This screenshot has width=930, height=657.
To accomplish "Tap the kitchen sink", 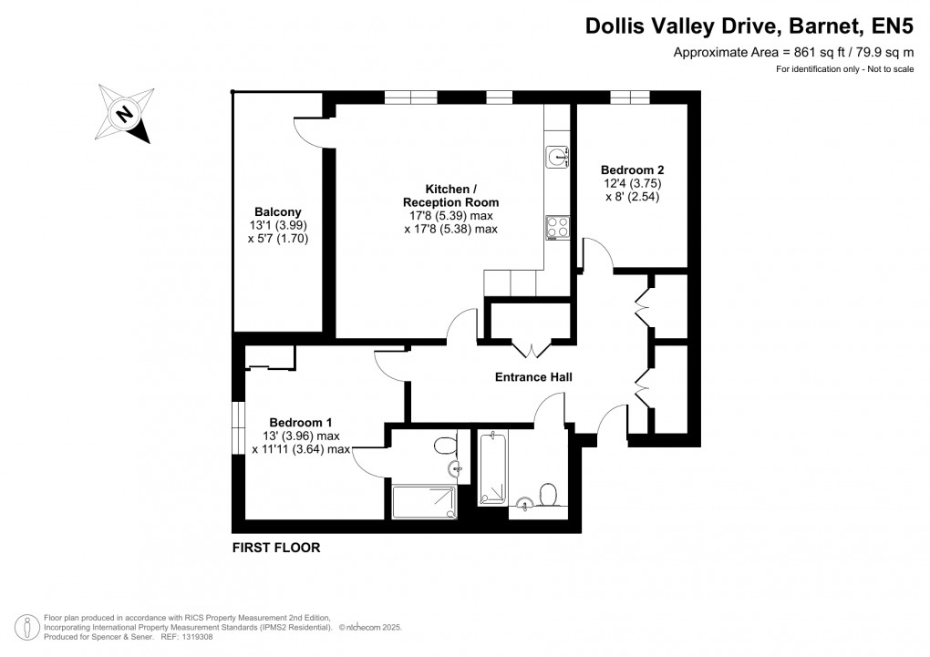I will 557,158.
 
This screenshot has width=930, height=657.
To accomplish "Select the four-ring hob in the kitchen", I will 557,226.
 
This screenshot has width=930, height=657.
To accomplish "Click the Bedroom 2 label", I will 632,169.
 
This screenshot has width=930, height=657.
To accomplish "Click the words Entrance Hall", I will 533,376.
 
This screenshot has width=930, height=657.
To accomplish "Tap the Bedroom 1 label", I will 301,422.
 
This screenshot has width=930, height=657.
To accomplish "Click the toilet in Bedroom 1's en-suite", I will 445,446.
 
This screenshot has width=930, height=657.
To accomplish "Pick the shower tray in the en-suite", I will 423,502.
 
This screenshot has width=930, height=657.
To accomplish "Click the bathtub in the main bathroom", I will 492,468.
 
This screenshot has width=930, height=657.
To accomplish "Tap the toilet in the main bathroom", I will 548,493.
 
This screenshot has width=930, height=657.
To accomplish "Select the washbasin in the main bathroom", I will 524,503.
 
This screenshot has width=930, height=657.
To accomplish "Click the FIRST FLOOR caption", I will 276,548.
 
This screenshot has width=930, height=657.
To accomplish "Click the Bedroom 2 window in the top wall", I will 629,98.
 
